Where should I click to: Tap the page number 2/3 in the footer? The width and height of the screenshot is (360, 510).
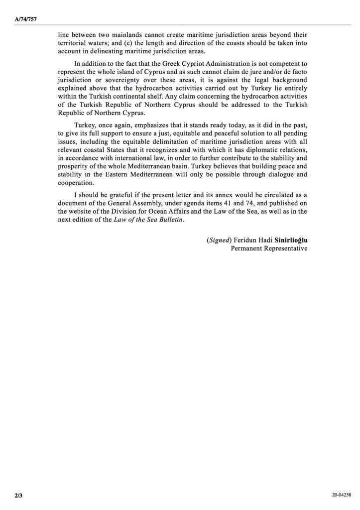[x=18, y=496]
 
